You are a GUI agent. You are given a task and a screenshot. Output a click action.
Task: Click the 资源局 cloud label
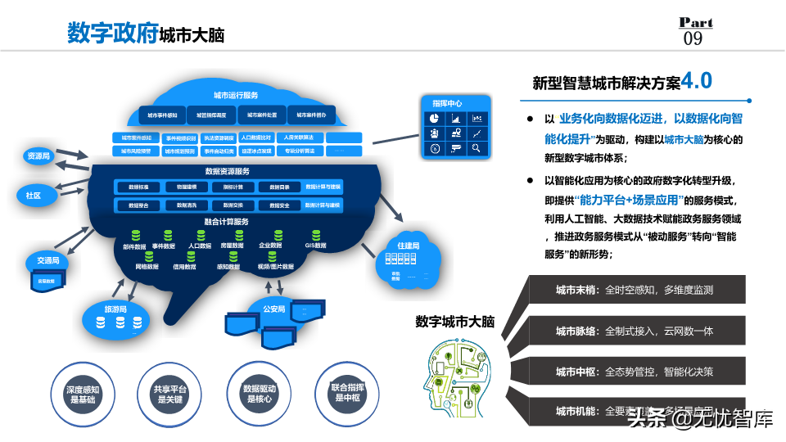[38, 156]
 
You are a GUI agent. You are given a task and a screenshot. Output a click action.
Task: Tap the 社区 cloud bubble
[34, 196]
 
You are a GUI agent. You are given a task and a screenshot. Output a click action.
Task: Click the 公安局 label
[273, 309]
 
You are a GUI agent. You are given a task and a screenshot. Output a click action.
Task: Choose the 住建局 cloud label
[408, 246]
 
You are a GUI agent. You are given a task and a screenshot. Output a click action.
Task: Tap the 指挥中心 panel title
[447, 104]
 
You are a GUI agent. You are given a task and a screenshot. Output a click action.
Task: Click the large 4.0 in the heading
[697, 80]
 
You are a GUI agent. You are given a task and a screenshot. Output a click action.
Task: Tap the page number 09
[693, 38]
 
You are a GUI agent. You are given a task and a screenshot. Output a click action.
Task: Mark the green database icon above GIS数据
[316, 235]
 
